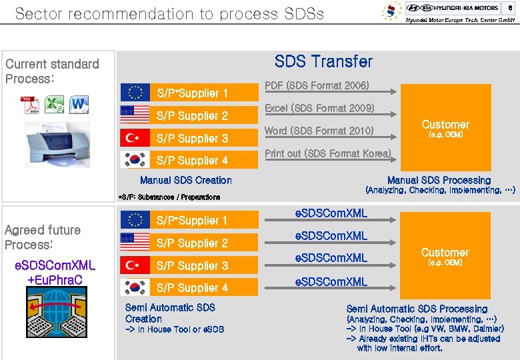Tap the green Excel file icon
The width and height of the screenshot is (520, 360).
(55, 105)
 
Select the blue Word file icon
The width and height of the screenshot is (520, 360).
(79, 105)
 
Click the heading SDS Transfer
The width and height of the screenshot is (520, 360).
(323, 61)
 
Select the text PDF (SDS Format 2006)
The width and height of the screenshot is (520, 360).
(317, 85)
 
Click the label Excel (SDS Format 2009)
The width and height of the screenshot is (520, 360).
(319, 108)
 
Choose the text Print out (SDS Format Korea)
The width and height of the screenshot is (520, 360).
(327, 153)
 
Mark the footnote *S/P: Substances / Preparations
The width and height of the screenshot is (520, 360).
(169, 197)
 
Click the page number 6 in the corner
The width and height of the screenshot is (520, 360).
(510, 7)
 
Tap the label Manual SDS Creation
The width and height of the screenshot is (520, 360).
(186, 180)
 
